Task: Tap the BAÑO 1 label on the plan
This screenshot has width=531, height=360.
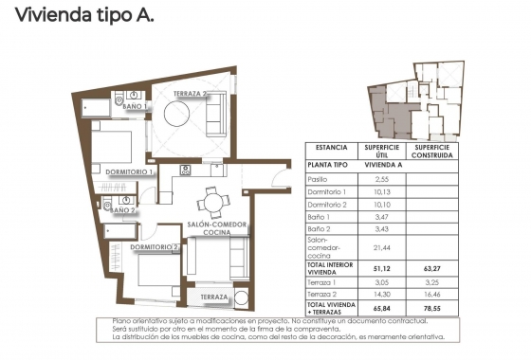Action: pos(136,108)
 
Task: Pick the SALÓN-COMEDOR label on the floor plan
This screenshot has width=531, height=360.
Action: pos(218,225)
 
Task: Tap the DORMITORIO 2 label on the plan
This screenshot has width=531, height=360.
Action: pos(156,248)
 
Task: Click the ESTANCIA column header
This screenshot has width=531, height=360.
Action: pos(330,150)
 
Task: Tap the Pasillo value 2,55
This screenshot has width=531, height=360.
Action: pos(382,179)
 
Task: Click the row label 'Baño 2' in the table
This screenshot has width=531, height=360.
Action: pos(320,229)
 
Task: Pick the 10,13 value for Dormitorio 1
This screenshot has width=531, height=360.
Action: pos(382,191)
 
